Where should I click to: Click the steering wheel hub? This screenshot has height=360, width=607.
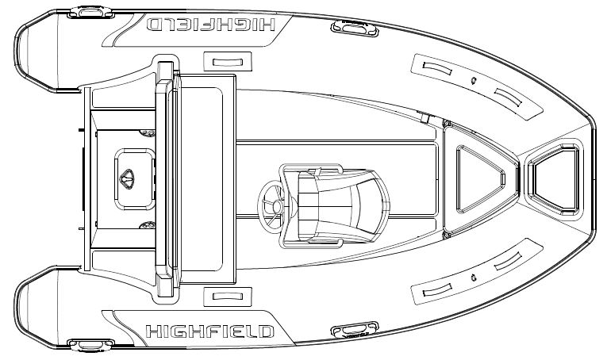(277, 207)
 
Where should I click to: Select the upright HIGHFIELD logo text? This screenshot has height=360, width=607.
(209, 331)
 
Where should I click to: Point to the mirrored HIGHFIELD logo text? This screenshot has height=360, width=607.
(210, 25)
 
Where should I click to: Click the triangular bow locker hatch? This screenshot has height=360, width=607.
(481, 179)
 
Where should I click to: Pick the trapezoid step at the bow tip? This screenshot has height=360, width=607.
(554, 179)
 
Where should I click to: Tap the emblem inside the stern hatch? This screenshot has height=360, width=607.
(127, 179)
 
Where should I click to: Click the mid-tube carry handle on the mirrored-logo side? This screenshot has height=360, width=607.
(355, 29)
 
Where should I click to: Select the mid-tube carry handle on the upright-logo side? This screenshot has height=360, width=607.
(355, 330)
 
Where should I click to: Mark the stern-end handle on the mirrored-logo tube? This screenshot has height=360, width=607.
(90, 12)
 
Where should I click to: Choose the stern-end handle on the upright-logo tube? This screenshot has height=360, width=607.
(90, 345)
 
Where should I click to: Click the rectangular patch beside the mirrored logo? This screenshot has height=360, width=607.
(228, 62)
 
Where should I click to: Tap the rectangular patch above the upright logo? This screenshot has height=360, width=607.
(228, 297)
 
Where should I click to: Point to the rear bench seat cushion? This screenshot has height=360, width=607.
(202, 179)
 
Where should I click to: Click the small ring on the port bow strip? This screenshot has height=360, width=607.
(473, 80)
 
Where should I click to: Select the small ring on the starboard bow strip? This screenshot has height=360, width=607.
(473, 278)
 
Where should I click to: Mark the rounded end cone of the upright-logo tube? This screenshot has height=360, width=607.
(36, 307)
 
